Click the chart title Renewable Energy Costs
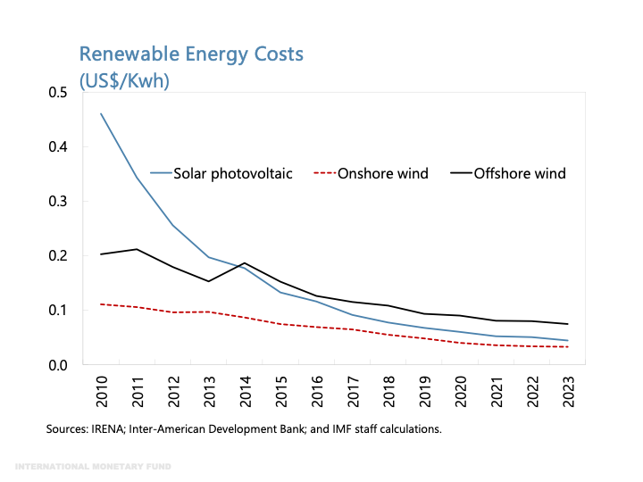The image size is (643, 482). [x=191, y=54]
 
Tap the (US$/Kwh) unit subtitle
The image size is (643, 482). [x=124, y=80]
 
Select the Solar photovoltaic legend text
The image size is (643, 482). [x=232, y=173]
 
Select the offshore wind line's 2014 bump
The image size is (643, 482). [x=246, y=263]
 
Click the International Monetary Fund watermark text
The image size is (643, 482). [x=95, y=467]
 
